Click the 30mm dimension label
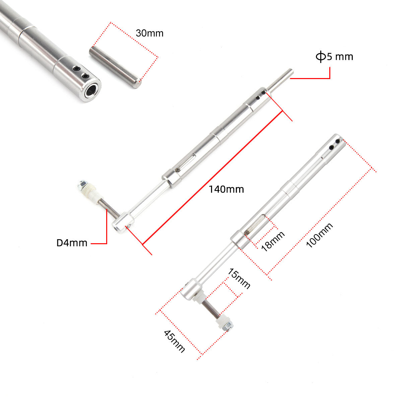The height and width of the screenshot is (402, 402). (x=149, y=33)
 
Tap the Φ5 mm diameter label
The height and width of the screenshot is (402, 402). (x=334, y=57)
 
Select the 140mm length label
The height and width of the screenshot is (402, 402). (x=226, y=189)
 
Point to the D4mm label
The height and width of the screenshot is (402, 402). (x=72, y=243)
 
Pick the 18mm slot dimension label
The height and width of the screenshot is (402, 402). (x=273, y=241)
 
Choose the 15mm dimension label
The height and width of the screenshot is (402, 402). (x=239, y=278)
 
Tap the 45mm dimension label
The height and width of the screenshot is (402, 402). (x=174, y=341)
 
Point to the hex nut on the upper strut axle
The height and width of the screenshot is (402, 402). (x=82, y=184)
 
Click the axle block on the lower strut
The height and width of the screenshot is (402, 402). (x=191, y=290)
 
